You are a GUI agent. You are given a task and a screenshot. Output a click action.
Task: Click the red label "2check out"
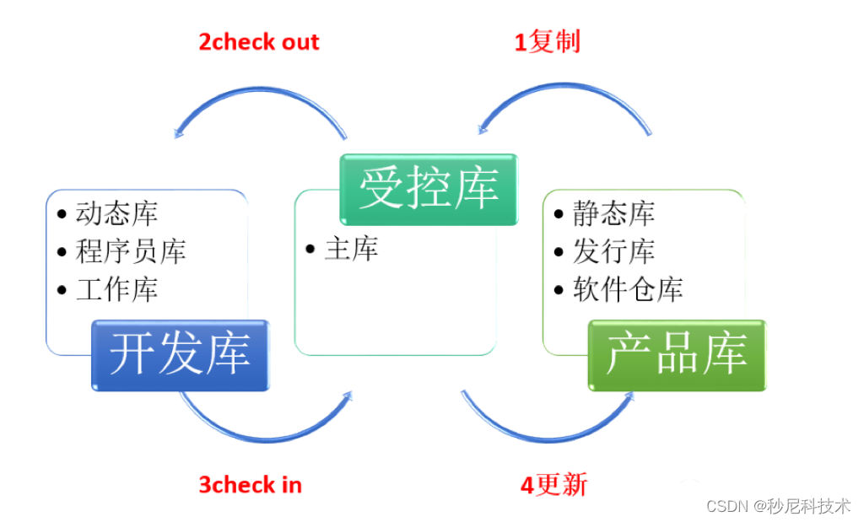(259, 42)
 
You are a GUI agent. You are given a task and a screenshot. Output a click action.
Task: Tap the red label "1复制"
(548, 42)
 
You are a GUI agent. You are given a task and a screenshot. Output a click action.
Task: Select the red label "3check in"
(250, 485)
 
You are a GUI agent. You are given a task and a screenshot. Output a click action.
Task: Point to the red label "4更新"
(553, 485)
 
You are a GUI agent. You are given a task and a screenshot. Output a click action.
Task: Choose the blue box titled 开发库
(180, 355)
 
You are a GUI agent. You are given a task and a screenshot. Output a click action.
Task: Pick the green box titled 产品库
(677, 355)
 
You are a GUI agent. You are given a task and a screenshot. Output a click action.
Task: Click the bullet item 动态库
(116, 214)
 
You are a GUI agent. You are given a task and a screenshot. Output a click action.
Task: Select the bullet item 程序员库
(131, 251)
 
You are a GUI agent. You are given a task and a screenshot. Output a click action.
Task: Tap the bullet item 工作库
(116, 290)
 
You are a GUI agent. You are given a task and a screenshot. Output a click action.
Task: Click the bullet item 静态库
(613, 214)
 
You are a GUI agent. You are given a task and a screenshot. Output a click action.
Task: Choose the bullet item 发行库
(613, 251)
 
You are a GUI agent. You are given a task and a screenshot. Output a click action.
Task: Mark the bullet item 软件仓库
(628, 290)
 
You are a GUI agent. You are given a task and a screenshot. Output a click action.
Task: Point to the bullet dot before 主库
(310, 250)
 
